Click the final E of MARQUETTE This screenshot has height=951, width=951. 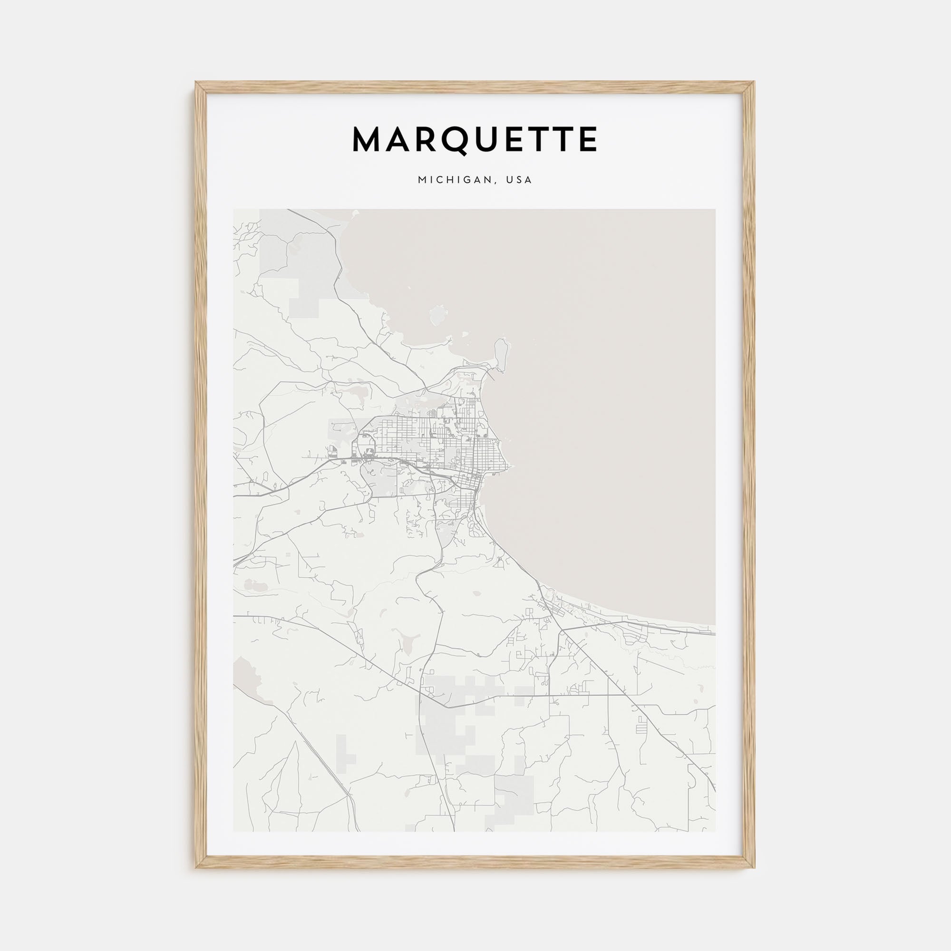(x=588, y=140)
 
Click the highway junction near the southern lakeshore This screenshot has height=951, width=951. (x=561, y=630)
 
